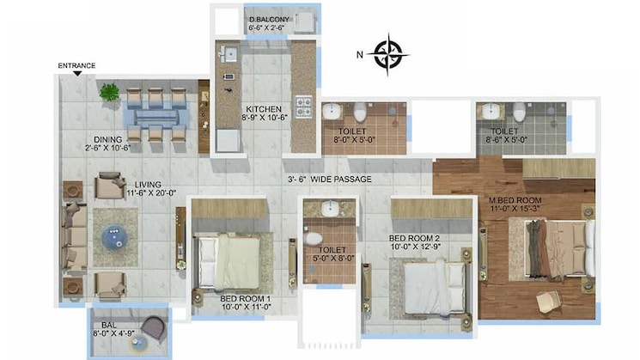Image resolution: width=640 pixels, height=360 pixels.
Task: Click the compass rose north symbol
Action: [389, 53]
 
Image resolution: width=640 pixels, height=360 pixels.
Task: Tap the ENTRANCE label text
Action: [76, 65]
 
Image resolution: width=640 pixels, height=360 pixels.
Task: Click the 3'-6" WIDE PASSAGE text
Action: [329, 180]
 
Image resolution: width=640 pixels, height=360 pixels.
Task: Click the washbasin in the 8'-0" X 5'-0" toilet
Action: [332, 111]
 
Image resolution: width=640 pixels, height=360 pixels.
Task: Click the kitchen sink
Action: [229, 55]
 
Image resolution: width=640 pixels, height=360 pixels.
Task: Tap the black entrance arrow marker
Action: [77, 74]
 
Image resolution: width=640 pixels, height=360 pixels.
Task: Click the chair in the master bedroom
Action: [546, 300]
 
